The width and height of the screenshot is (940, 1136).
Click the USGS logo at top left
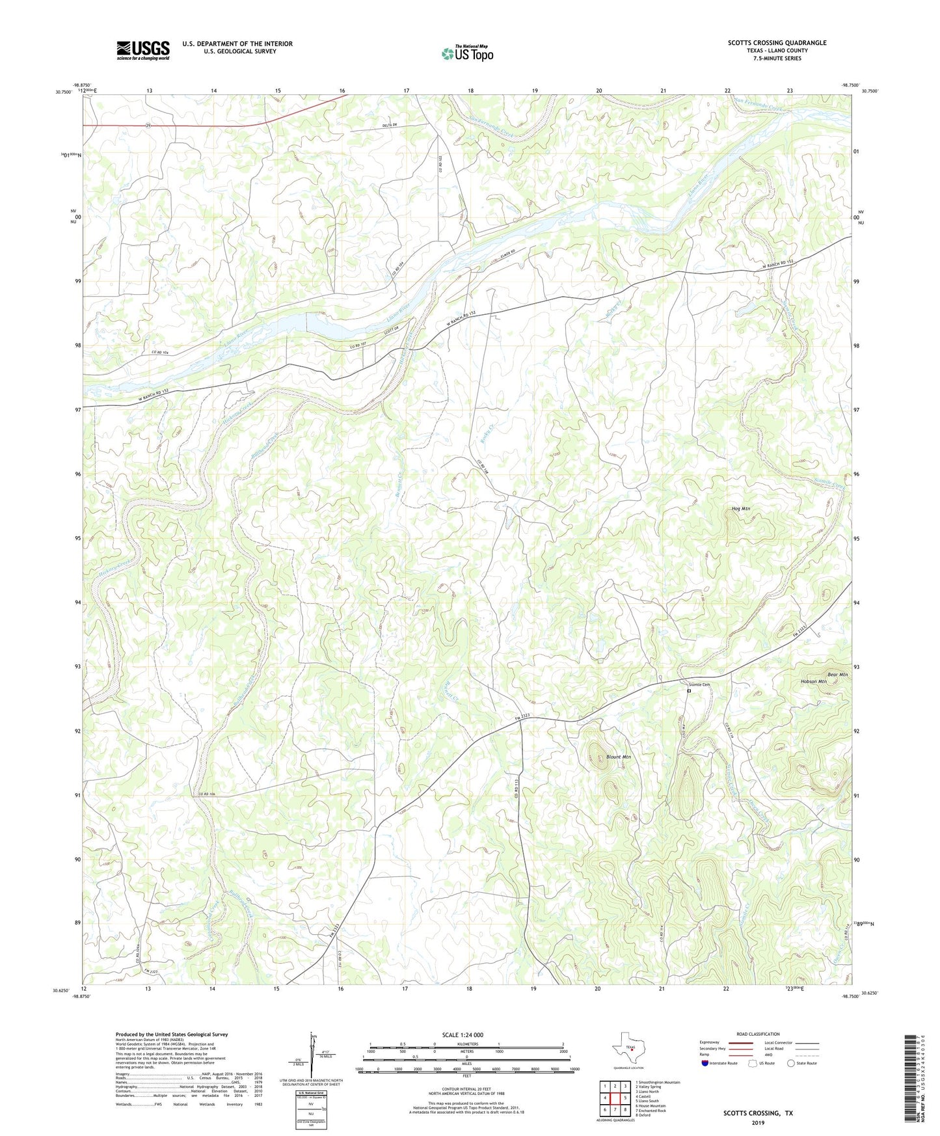click(143, 50)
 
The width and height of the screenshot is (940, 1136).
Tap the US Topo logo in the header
click(467, 53)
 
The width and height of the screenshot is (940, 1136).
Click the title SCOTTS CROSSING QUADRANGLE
click(777, 43)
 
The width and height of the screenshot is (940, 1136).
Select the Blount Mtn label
click(618, 757)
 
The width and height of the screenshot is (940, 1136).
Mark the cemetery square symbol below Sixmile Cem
click(689, 691)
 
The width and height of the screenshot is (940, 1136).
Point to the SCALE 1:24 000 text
click(463, 1035)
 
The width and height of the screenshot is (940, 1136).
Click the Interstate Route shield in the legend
click(705, 1062)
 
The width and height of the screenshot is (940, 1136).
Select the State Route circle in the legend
click(790, 1062)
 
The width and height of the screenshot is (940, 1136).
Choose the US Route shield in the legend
click(752, 1062)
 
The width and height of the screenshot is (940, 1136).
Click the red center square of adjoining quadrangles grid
click(615, 1098)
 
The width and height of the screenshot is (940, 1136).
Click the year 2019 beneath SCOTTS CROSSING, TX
click(758, 1122)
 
